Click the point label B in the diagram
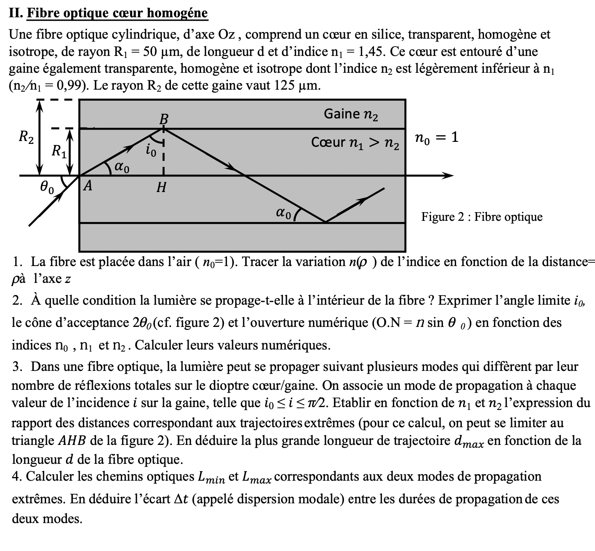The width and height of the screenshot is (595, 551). (164, 119)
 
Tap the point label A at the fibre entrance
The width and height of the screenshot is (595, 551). (88, 186)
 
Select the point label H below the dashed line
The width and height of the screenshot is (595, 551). (161, 188)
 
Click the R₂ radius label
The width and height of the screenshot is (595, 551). (27, 137)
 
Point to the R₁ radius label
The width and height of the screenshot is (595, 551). (59, 152)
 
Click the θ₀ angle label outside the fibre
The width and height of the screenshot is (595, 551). (47, 188)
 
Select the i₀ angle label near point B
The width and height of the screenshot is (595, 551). (151, 151)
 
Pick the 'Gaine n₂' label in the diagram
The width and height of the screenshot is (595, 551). (351, 114)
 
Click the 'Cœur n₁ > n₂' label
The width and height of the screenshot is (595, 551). (355, 142)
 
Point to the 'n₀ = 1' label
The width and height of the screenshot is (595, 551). (436, 138)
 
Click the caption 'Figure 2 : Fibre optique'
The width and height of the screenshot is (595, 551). (482, 217)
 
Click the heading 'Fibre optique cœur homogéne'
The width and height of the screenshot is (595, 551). (117, 13)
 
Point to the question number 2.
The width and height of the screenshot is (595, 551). (17, 301)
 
